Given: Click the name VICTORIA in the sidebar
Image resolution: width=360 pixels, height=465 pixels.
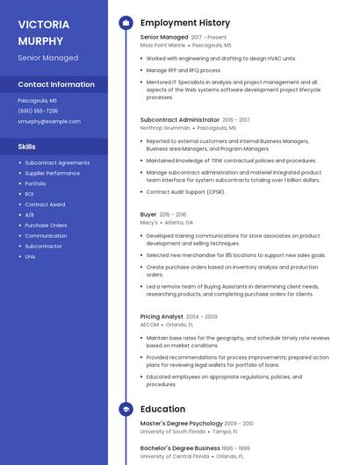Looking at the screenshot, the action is [43, 24].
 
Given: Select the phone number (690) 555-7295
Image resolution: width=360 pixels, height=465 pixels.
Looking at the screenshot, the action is [38, 111].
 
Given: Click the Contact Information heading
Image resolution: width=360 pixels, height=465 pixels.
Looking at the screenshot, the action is [56, 84].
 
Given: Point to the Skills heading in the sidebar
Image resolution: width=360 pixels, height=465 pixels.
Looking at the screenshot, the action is [27, 147].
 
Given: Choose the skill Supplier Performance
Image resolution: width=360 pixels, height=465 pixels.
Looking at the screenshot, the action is [52, 173].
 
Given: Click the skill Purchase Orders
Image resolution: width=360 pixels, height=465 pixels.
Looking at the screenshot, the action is [46, 225].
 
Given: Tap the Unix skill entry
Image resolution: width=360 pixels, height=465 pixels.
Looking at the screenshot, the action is [30, 256].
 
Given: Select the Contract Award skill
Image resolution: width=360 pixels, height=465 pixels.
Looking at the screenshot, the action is [45, 204].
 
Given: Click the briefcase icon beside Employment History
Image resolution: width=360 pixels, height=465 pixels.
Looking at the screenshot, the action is [126, 23].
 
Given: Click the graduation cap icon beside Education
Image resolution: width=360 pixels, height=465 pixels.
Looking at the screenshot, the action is [126, 409].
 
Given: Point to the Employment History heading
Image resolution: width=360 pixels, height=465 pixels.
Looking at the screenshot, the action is [185, 23].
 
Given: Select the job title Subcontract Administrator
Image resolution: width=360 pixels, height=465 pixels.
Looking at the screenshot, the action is [179, 119].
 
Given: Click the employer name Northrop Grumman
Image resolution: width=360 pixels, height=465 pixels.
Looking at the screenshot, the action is [164, 128].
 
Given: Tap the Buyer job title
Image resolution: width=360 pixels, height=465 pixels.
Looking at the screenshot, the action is [148, 214].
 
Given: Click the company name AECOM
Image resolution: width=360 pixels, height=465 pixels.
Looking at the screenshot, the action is [150, 325].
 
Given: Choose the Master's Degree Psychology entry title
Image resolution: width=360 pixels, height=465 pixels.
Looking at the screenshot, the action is [182, 424].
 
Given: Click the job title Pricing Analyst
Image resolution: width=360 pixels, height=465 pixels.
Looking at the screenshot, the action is [162, 317].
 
